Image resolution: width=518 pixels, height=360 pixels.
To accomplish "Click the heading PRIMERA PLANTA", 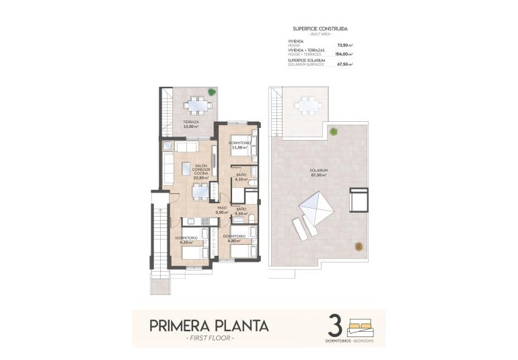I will coord(209,326).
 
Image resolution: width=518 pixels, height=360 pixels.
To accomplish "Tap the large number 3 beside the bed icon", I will coord(333,324).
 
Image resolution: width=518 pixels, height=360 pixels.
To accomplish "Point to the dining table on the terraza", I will coord(197,105).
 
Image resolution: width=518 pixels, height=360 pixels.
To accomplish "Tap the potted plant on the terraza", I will coord(212,92).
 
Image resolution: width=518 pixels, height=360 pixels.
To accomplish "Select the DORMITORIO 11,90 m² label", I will coord(239,145).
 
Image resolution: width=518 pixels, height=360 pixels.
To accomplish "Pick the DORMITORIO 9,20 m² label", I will coord(186,239).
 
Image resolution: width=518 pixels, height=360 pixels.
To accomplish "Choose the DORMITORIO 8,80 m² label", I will coord(233,238).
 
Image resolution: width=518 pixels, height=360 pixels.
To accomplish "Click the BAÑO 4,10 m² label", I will coord(241,176).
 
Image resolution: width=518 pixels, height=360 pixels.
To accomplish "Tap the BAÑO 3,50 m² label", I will coord(241,211).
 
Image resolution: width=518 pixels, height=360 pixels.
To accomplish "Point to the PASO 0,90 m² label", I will coord(221,210).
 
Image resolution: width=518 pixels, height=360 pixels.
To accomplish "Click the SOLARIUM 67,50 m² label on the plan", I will coord(318,172).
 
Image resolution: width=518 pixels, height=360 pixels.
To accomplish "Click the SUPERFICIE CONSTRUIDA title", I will coord(320,29).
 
